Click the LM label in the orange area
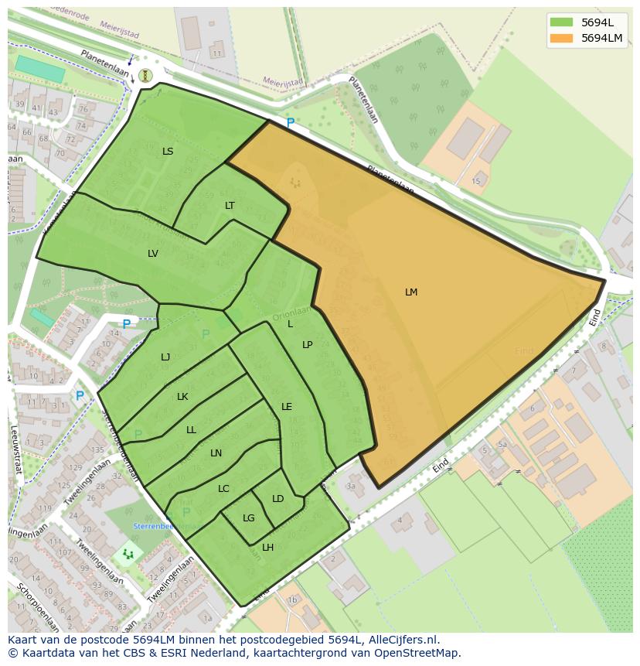411,292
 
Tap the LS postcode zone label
168,152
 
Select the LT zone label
230,206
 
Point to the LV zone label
153,254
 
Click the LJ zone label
165,357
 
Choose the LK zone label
182,397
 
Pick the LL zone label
191,430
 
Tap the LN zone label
216,453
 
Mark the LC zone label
223,489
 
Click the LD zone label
278,499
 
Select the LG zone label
249,518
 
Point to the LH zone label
268,548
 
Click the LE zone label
287,407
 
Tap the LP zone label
308,345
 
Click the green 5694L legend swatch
561,22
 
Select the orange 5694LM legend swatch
561,38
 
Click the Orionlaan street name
291,313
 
